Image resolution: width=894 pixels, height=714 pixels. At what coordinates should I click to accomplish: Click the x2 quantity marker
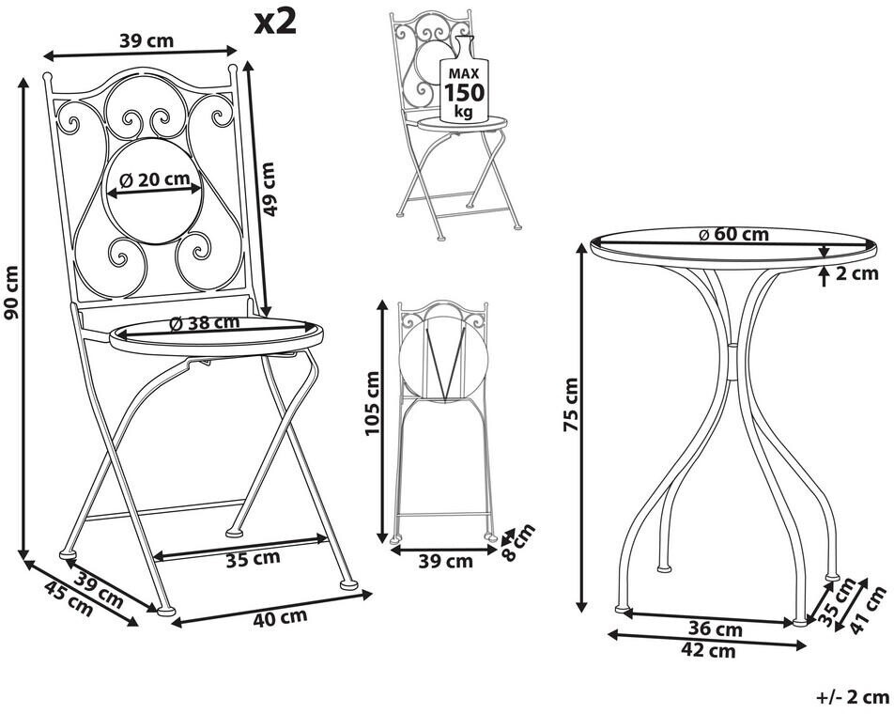coord(275,22)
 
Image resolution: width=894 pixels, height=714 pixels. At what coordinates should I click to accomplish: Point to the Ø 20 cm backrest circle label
coord(155,179)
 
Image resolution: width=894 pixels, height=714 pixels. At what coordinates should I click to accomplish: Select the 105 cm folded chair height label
coord(372,403)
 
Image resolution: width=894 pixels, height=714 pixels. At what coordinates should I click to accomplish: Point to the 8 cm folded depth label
coord(518,541)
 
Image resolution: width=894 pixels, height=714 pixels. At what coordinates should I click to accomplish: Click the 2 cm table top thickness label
coord(857,273)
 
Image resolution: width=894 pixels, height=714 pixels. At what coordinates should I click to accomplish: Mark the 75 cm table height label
coord(571,404)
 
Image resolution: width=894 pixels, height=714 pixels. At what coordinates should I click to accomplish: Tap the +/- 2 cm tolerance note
coord(853,697)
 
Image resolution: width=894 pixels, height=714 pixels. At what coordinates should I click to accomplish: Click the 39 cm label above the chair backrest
coord(146,40)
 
